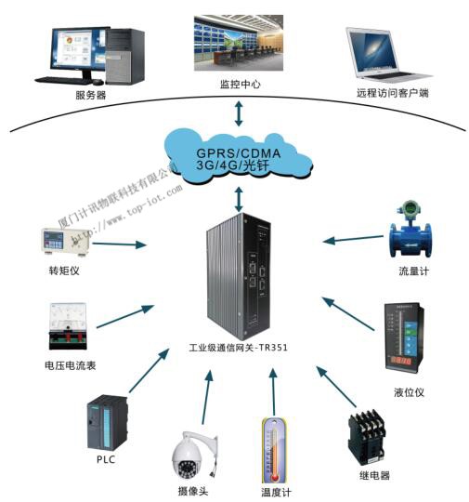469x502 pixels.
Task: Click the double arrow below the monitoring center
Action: pyautogui.click(x=240, y=112)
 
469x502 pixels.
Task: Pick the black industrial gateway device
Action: pyautogui.click(x=238, y=276)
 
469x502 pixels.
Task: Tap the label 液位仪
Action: pyautogui.click(x=408, y=392)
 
